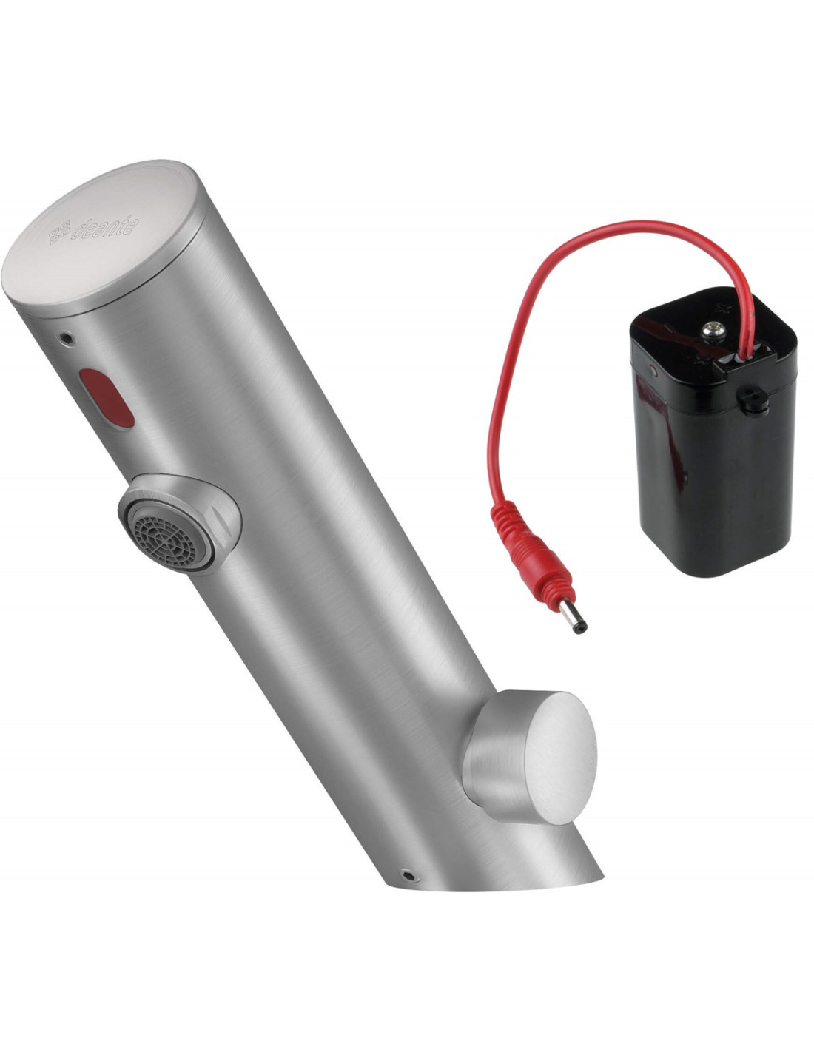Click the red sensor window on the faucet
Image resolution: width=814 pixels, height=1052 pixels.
107,398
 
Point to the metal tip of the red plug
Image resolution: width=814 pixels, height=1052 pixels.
573,621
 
